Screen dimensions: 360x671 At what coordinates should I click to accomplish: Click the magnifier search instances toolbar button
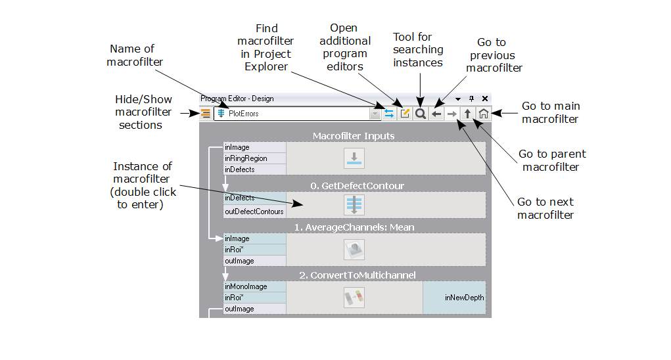(421, 114)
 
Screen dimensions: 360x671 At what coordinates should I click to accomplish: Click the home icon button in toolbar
(483, 114)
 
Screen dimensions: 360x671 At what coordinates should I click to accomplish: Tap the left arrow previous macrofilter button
(436, 114)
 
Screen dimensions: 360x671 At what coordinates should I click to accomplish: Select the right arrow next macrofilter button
(452, 114)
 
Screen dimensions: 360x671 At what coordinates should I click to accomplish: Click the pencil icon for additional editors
(405, 114)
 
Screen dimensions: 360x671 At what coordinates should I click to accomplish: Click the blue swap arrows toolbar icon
(389, 114)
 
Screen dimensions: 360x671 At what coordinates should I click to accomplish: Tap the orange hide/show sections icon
(206, 114)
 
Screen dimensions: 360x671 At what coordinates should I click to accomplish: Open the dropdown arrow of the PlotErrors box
(375, 114)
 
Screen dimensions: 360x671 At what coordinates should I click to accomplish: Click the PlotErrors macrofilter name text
(244, 114)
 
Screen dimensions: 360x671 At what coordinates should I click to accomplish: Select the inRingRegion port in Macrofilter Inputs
(255, 158)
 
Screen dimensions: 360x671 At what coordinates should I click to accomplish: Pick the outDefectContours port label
(255, 212)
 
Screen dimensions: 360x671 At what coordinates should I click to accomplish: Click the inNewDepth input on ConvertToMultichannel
(464, 298)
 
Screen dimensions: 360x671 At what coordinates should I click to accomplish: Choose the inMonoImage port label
(255, 287)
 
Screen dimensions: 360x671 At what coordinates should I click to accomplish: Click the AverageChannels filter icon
(354, 250)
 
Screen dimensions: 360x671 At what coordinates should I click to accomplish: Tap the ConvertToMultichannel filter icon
(354, 298)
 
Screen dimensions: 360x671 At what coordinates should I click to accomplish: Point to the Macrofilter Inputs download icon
(354, 158)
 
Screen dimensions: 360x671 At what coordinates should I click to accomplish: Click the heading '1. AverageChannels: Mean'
(354, 227)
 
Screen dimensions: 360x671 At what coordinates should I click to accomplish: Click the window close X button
(485, 99)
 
